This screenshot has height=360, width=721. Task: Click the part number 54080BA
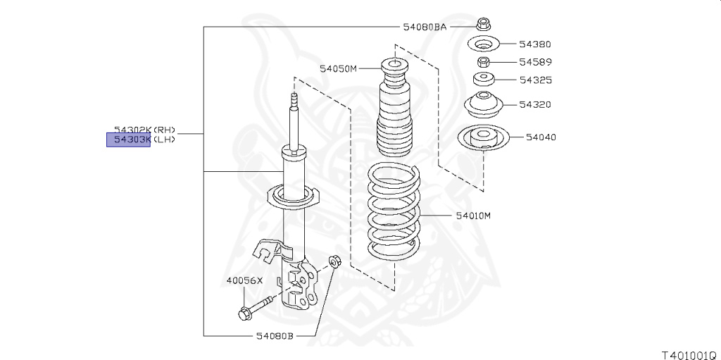tap(425, 27)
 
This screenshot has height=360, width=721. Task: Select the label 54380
tap(535, 44)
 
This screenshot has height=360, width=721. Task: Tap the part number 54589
tap(535, 62)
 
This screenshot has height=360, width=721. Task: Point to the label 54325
tap(535, 80)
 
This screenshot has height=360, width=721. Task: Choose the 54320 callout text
tap(535, 105)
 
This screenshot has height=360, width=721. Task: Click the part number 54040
tap(540, 137)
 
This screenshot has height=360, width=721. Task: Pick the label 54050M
tap(339, 68)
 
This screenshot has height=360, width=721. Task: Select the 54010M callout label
tap(472, 216)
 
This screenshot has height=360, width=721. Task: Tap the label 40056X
tap(244, 280)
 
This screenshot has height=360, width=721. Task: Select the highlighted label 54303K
tap(128, 139)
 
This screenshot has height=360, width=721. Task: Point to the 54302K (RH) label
tap(144, 130)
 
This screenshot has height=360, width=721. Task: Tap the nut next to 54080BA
tap(484, 24)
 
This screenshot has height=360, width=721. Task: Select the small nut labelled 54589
tap(484, 63)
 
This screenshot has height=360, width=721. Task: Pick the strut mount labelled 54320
tap(484, 106)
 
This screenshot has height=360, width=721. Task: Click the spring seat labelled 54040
tap(483, 138)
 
